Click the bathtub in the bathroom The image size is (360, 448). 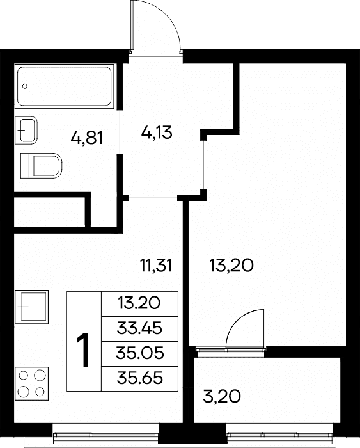65,86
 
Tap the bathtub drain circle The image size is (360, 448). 25,86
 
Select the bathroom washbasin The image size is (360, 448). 26,131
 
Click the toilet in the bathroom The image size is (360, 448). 42,165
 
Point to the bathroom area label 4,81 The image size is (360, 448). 87,139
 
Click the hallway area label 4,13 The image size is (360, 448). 157,132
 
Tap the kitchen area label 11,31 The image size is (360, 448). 156,266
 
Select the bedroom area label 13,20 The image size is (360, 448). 231,266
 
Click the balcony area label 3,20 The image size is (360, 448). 221,397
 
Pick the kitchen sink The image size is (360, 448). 31,307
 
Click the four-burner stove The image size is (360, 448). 31,383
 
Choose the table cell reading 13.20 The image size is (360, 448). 139,304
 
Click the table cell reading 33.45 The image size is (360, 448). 139,328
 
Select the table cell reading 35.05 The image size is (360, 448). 139,353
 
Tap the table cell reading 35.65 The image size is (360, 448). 139,378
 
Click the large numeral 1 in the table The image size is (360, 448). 83,349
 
